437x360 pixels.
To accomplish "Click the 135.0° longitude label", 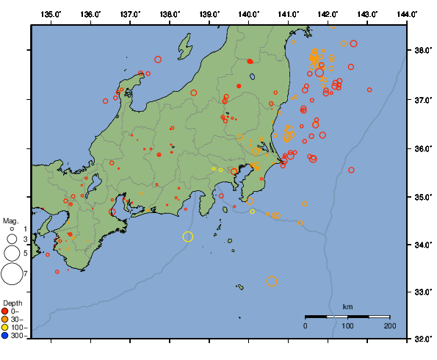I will coord(51,14).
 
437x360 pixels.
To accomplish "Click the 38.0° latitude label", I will coord(422,51).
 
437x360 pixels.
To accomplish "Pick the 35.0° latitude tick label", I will coord(422,197).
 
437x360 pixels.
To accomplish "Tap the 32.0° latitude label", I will coord(422,340).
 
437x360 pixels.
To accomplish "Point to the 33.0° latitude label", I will coord(422,292).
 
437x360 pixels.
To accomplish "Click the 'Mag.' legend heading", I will coord(10,220).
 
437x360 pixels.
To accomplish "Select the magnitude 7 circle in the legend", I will coord(12,274).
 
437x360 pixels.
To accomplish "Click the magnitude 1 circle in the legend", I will coord(12,230).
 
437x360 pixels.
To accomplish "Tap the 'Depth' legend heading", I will coord(12,303).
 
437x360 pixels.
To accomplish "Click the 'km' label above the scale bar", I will coord(347,306).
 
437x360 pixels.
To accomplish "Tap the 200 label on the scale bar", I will coord(389,325).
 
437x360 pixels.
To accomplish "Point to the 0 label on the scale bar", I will coord(306,325).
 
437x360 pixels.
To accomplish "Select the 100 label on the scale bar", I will coord(347,325).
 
